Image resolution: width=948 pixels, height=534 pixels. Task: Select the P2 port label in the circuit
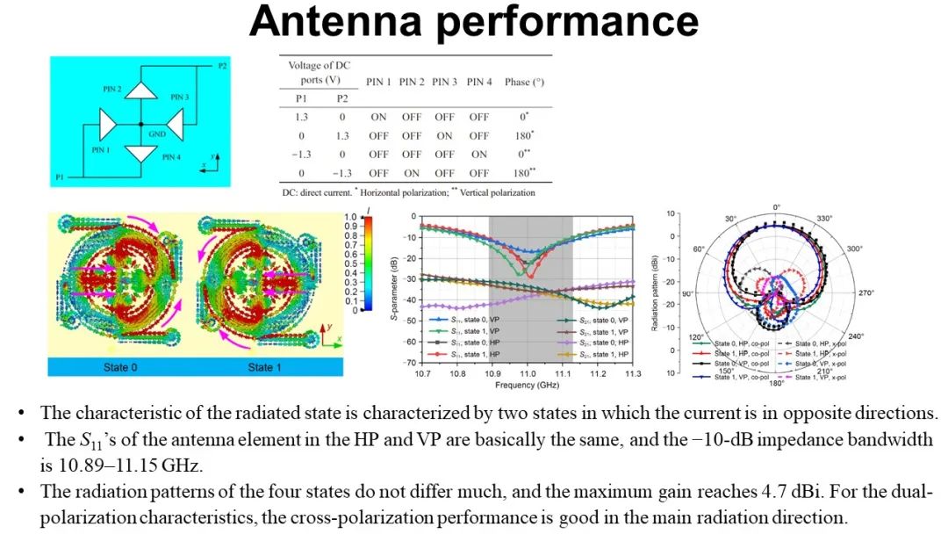(x=222, y=66)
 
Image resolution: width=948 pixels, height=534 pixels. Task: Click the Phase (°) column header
(x=524, y=82)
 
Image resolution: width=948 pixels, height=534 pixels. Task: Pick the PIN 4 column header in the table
(x=478, y=82)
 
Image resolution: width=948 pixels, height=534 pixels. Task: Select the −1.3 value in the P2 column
(x=336, y=173)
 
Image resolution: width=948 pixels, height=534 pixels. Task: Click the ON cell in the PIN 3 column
(x=445, y=136)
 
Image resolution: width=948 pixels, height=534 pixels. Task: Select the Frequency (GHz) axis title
(x=526, y=385)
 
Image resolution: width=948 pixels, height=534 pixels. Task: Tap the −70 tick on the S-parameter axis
(x=409, y=362)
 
